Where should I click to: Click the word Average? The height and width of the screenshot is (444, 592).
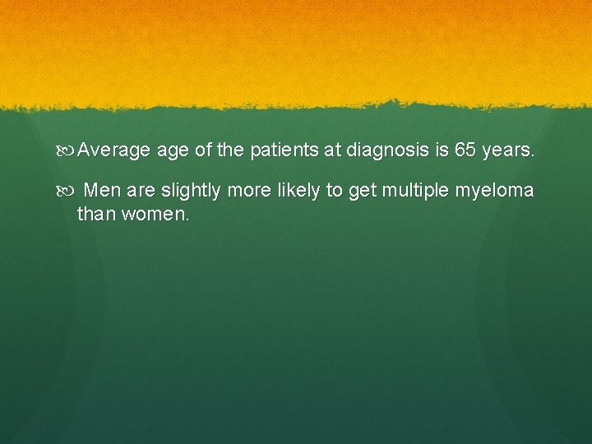[x=114, y=151]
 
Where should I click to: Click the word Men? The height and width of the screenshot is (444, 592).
[x=103, y=191]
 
